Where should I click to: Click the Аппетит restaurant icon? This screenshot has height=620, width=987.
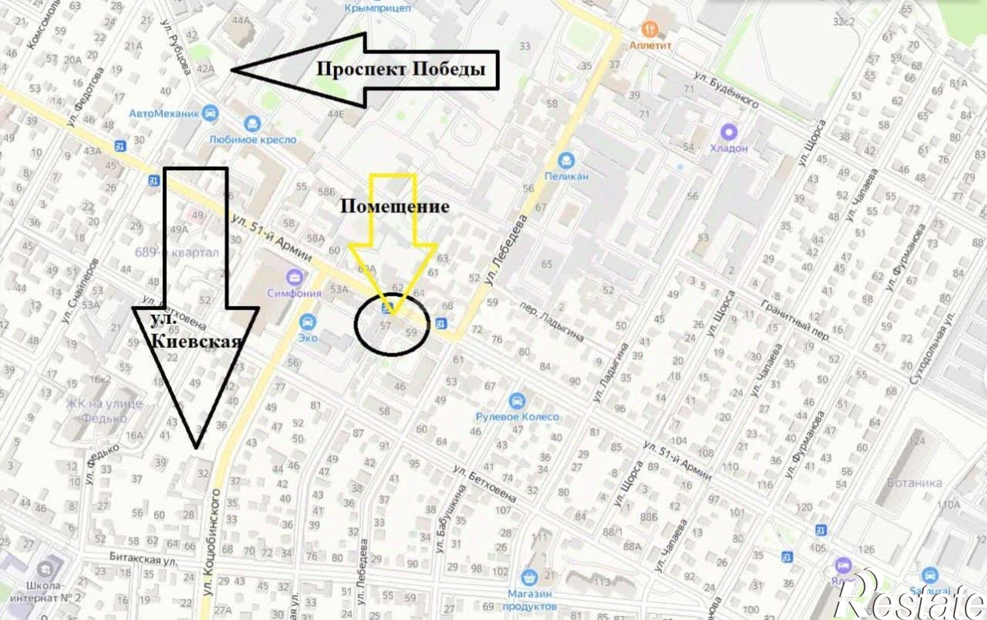(650, 29)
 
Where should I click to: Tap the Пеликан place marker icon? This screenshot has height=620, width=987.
(566, 160)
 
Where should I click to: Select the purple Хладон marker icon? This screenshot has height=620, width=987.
(728, 132)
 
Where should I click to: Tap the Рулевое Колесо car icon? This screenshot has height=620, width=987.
(517, 400)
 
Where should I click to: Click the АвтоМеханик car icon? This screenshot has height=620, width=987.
(211, 113)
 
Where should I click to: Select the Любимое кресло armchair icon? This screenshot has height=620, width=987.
(252, 123)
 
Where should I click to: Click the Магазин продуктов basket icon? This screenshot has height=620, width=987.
(530, 577)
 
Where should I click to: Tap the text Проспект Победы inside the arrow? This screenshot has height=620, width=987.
(400, 69)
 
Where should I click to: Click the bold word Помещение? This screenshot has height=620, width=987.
(395, 206)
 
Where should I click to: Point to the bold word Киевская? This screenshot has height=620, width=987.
(196, 341)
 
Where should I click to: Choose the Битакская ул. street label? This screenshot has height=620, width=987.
(143, 559)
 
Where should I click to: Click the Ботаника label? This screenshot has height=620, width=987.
(914, 483)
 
